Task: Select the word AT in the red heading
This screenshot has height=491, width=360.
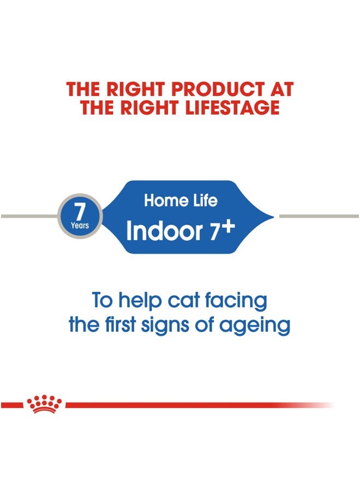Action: (279, 89)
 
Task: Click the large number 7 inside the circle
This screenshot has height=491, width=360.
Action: (80, 211)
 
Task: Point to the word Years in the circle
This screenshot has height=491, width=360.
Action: (80, 225)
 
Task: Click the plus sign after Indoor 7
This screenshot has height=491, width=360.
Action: (227, 227)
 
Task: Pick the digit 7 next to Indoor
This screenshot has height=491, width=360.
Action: (214, 232)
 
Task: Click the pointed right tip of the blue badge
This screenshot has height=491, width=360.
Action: (271, 217)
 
